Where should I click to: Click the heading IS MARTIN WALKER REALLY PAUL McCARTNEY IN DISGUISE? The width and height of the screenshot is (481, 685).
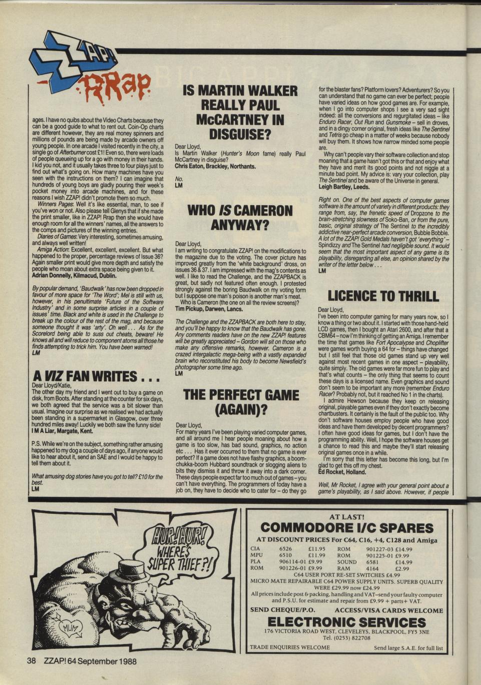click(240, 112)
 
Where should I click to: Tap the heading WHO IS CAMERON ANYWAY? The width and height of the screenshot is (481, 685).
click(240, 218)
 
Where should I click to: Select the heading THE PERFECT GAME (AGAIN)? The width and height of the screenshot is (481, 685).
click(240, 403)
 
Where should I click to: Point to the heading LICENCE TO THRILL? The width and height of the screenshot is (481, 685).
click(383, 296)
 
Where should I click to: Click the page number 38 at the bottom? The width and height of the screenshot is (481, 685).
click(31, 661)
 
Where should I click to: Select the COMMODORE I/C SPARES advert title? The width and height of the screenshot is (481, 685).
click(347, 528)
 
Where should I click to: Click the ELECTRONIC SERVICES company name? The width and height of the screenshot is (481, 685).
click(346, 622)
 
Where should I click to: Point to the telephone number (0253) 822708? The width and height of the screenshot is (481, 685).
click(346, 638)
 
